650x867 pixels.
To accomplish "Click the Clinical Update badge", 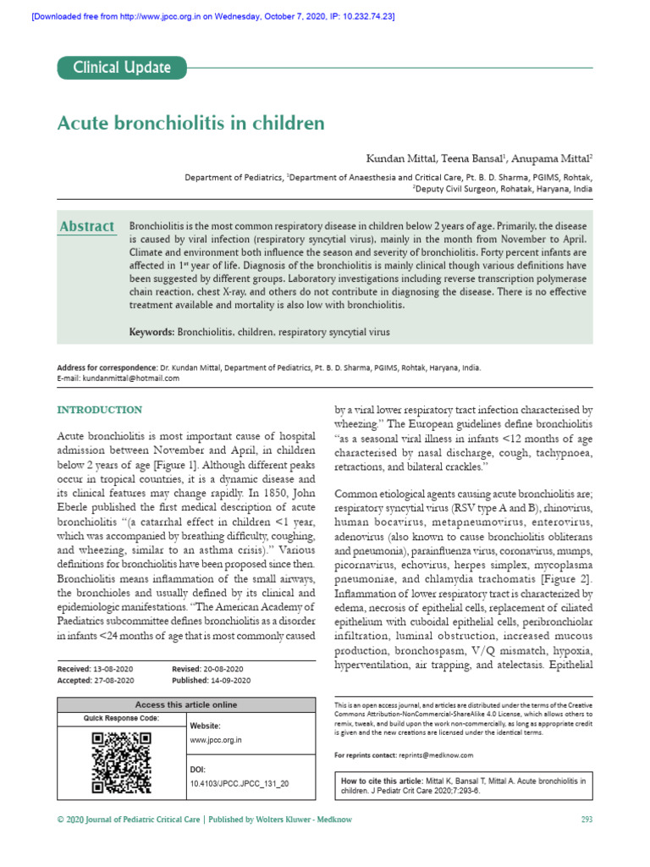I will point(121,68).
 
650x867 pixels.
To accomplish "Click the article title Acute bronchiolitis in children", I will point(190,123).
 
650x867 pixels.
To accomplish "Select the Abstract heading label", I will point(86,226).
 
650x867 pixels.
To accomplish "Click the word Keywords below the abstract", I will point(151,333).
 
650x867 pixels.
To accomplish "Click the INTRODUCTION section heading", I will point(99,410).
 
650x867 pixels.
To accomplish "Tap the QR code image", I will point(121,762).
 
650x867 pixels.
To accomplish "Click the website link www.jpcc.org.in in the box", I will point(217,739).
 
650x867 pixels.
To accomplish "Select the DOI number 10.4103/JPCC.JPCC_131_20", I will point(240,784).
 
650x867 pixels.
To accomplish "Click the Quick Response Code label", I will point(121,718).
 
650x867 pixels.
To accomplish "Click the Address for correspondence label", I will point(107,368).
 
